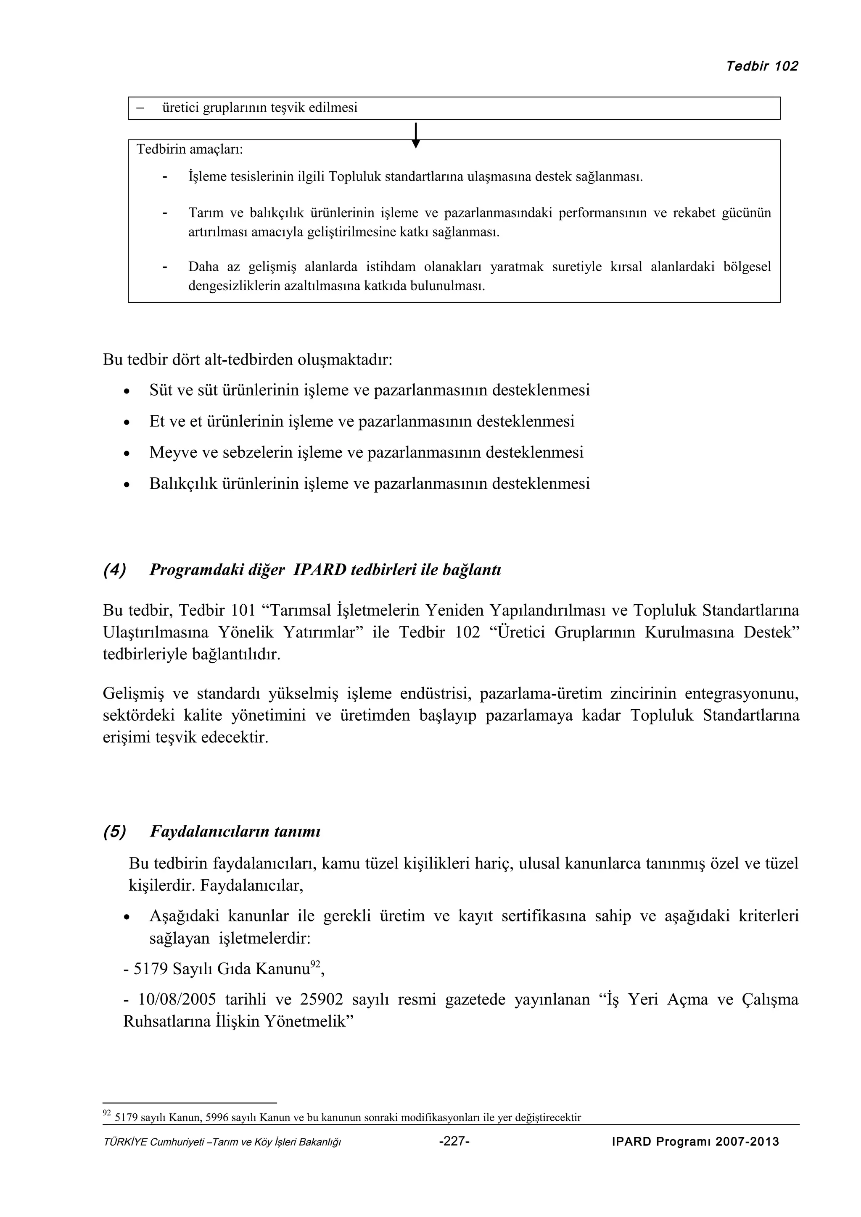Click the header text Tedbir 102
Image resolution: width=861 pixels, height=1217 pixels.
tap(761, 66)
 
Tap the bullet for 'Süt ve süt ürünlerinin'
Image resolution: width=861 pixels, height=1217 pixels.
tap(126, 392)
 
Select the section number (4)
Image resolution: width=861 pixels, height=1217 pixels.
tap(115, 570)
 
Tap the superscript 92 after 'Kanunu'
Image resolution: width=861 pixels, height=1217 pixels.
tap(315, 964)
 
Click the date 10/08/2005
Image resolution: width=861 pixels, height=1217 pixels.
tap(177, 999)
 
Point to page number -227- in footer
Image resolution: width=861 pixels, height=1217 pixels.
tap(454, 1142)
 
